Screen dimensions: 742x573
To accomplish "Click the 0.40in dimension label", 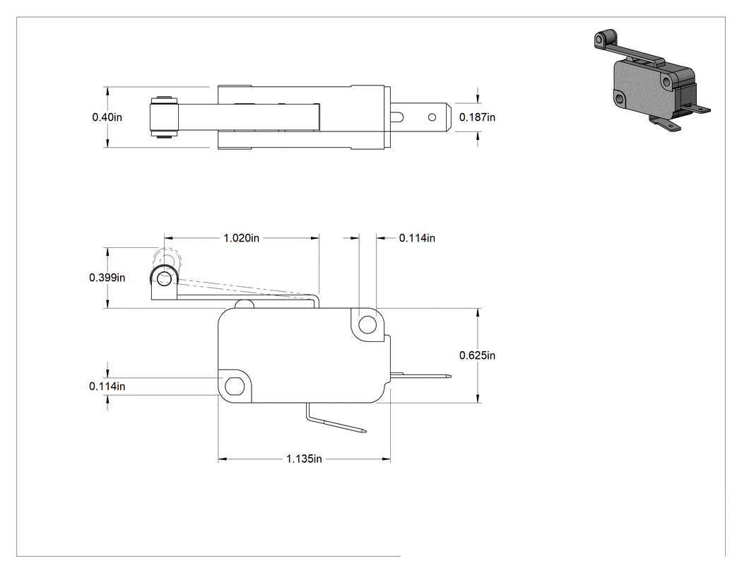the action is [107, 117].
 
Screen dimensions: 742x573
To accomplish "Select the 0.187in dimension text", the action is [477, 117].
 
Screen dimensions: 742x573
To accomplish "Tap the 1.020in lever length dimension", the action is [242, 238].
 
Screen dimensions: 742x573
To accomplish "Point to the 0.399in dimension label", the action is [107, 278].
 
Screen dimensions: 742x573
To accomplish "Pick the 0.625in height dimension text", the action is [477, 355].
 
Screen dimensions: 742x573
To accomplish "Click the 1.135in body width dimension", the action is [304, 459].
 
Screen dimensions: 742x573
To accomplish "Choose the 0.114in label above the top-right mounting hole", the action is [417, 238].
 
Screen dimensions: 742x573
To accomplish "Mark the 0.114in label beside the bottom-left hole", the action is [107, 386].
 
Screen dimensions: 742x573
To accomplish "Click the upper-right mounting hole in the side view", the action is [367, 325].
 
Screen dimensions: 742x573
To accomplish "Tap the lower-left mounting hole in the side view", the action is [232, 386].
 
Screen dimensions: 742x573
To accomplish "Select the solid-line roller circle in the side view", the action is [165, 278].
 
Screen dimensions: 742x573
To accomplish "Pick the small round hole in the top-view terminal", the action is [432, 117].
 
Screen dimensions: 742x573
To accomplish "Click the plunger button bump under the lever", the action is [245, 305].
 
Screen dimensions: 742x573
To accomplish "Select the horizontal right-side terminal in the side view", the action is [420, 376].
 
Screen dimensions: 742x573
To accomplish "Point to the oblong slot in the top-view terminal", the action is [397, 117].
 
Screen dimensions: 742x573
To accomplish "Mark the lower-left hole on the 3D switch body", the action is [620, 98].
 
